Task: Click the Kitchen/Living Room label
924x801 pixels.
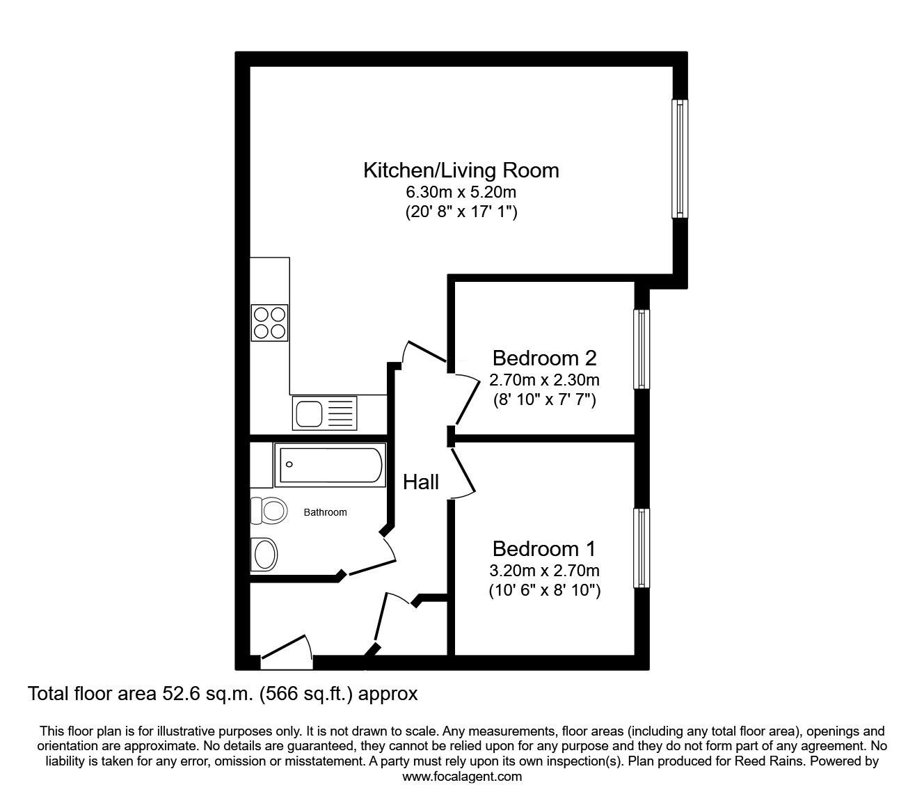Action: tap(461, 170)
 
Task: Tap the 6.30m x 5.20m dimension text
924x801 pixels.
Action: tap(461, 192)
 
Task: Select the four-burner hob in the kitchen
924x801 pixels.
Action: tap(269, 323)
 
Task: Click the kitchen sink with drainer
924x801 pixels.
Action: tap(325, 413)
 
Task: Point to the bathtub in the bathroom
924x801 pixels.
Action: tap(330, 465)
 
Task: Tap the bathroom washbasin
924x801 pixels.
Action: tap(264, 555)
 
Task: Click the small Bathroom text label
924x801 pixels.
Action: tap(326, 512)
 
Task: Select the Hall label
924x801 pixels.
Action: tap(421, 482)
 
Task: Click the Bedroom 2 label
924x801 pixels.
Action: tap(545, 358)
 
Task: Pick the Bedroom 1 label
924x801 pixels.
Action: tap(545, 549)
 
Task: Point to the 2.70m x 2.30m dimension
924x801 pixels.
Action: tap(545, 380)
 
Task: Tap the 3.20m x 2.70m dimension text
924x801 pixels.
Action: tap(545, 571)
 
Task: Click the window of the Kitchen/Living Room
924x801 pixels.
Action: tap(680, 159)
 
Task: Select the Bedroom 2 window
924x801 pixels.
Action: tap(642, 349)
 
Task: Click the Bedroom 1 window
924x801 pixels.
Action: tap(642, 548)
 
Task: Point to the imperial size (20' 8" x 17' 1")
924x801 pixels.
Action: tap(461, 212)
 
